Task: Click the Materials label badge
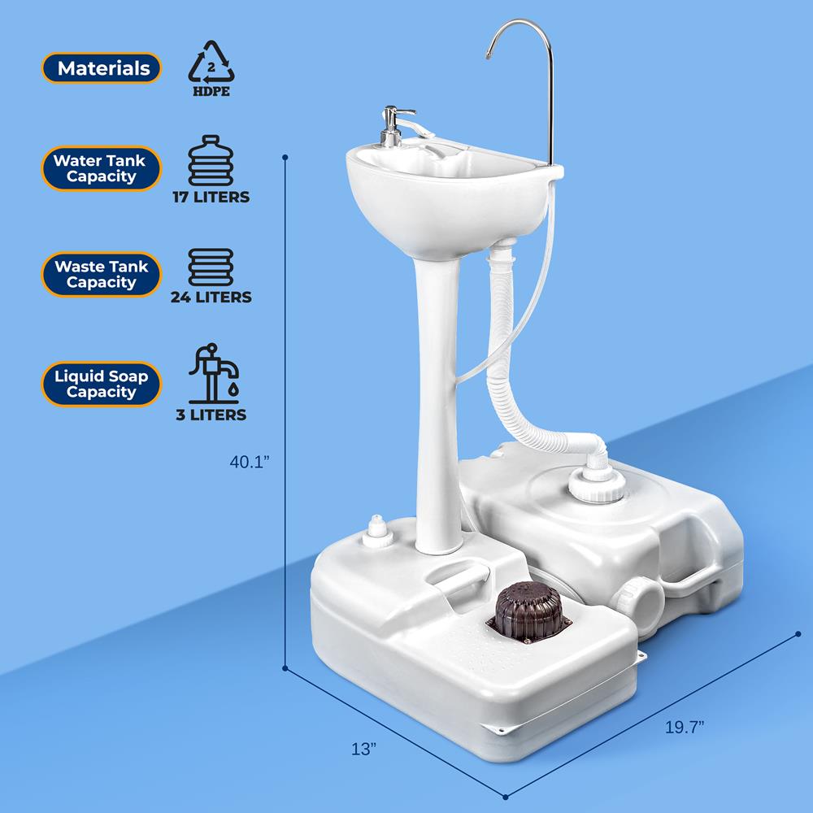(x=102, y=68)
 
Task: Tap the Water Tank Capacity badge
(x=102, y=168)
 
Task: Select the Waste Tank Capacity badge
(x=102, y=274)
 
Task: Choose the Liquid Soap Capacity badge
(x=102, y=384)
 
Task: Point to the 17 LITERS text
(x=211, y=197)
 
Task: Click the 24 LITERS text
(x=211, y=297)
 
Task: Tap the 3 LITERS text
(x=211, y=415)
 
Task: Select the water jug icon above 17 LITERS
(x=211, y=161)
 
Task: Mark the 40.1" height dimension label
(x=250, y=462)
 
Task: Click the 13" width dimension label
(x=363, y=749)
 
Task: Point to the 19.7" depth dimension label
(x=685, y=727)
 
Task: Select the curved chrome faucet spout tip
(x=489, y=55)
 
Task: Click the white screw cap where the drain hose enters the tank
(x=596, y=485)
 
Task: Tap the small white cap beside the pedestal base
(x=377, y=532)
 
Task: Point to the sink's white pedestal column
(x=438, y=404)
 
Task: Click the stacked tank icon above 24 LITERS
(x=211, y=267)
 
